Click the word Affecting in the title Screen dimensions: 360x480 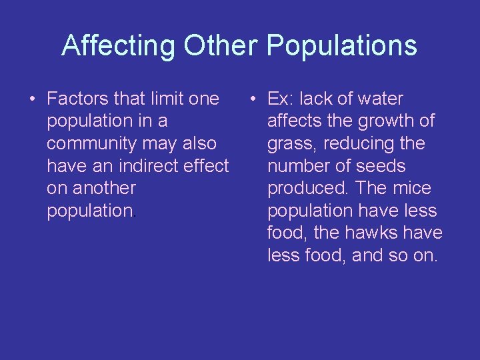coord(118,46)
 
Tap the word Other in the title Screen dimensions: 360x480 coord(220,46)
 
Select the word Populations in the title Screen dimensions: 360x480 coord(342,46)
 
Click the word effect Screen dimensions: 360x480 coord(205,166)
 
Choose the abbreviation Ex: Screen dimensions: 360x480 coord(280,99)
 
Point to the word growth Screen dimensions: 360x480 coord(386,121)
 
